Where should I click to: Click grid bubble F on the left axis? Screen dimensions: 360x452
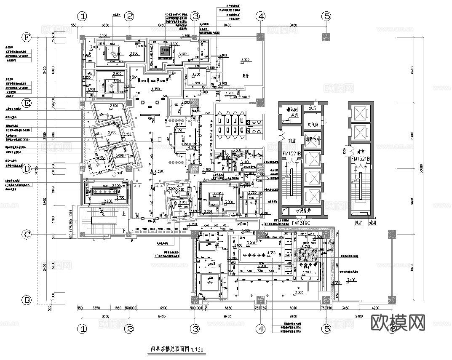click(27, 37)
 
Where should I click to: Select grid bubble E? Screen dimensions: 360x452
click(27, 103)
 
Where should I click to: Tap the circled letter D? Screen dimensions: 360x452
click(27, 169)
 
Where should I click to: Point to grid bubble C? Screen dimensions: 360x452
click(27, 235)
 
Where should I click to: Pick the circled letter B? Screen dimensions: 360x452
click(27, 301)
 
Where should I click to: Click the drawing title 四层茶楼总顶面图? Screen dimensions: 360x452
click(170, 349)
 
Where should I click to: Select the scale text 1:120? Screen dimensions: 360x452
click(197, 349)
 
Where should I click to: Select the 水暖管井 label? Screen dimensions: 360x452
click(302, 211)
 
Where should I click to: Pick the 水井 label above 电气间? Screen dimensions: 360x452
click(313, 108)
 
